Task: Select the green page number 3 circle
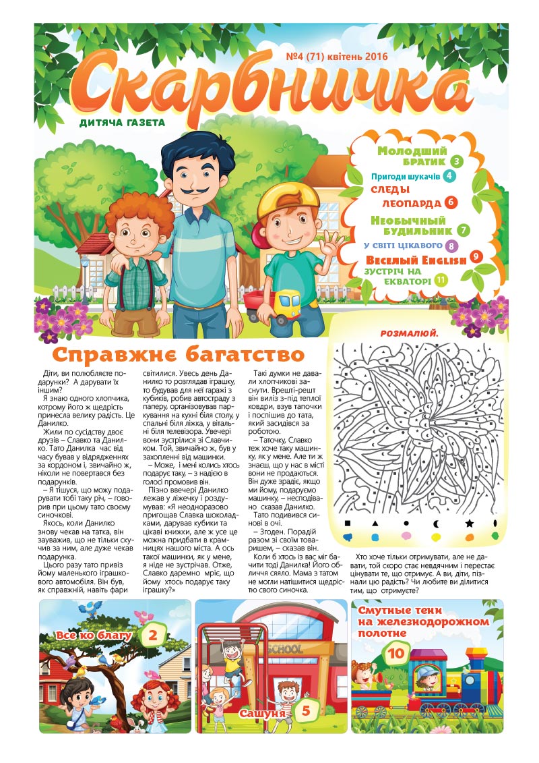(457, 162)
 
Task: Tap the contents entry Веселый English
(416, 260)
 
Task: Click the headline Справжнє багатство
(179, 355)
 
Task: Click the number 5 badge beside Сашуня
(305, 710)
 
